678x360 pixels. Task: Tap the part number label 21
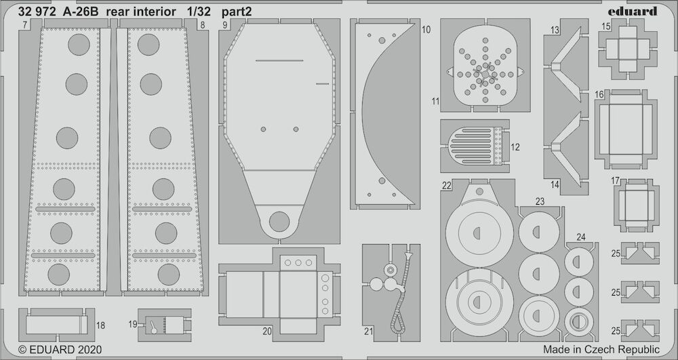point(368,332)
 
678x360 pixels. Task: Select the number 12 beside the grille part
point(515,147)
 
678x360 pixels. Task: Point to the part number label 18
point(100,325)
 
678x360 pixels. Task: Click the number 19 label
point(133,323)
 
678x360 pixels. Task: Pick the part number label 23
point(540,201)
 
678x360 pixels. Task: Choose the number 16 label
point(599,94)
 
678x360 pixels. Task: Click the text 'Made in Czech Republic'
point(601,349)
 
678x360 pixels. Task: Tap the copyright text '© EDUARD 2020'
point(60,349)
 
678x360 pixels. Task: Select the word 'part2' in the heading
point(237,12)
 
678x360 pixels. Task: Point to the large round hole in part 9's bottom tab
point(279,222)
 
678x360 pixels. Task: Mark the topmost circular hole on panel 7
point(79,45)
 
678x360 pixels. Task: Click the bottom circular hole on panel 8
point(169,275)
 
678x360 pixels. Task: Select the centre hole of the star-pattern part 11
point(485,75)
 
